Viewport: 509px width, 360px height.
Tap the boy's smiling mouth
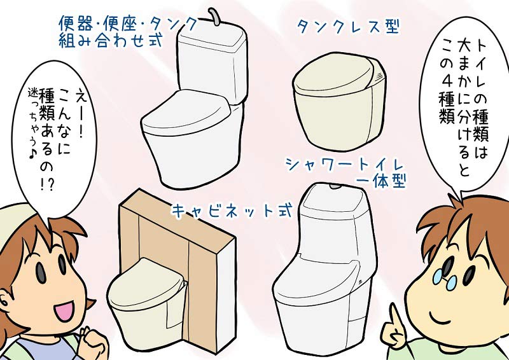point(432,314)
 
